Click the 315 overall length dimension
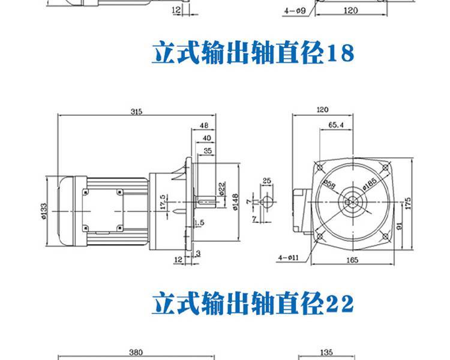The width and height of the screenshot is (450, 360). pyautogui.click(x=136, y=112)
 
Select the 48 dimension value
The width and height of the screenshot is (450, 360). pyautogui.click(x=204, y=125)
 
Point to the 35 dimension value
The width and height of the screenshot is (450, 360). pyautogui.click(x=208, y=151)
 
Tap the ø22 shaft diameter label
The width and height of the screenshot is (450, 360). pyautogui.click(x=222, y=188)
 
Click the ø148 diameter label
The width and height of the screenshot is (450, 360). pyautogui.click(x=235, y=202)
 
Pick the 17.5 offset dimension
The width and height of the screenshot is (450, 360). pyautogui.click(x=163, y=202)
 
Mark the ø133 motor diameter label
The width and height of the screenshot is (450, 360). pyautogui.click(x=44, y=212)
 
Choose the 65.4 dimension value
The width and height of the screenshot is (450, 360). pyautogui.click(x=336, y=125)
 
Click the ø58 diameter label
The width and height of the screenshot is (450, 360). pyautogui.click(x=329, y=185)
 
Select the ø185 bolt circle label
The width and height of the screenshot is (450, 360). pyautogui.click(x=370, y=184)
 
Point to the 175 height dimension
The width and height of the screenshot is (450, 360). pyautogui.click(x=408, y=203)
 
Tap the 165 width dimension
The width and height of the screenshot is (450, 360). pyautogui.click(x=352, y=260)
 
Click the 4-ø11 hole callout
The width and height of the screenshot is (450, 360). pyautogui.click(x=289, y=258)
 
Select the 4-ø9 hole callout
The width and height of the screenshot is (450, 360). pyautogui.click(x=295, y=11)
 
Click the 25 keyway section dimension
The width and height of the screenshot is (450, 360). pyautogui.click(x=266, y=181)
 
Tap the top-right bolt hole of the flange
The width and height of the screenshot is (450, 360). pyautogui.click(x=385, y=167)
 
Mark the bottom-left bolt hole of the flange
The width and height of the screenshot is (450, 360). pyautogui.click(x=320, y=236)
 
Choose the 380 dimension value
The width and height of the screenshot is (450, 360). pyautogui.click(x=136, y=352)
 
